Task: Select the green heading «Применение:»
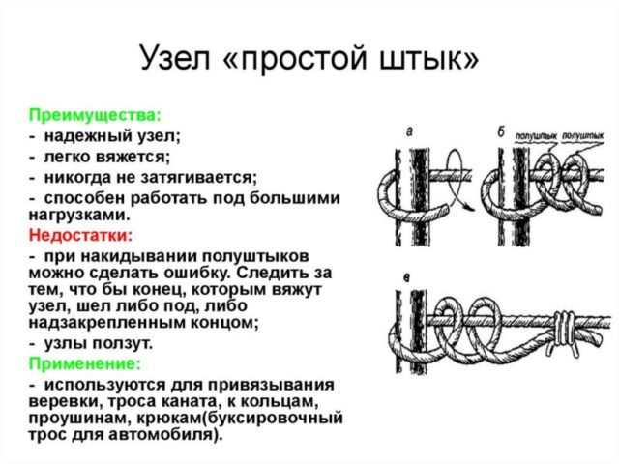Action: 84,363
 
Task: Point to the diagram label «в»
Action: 409,277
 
